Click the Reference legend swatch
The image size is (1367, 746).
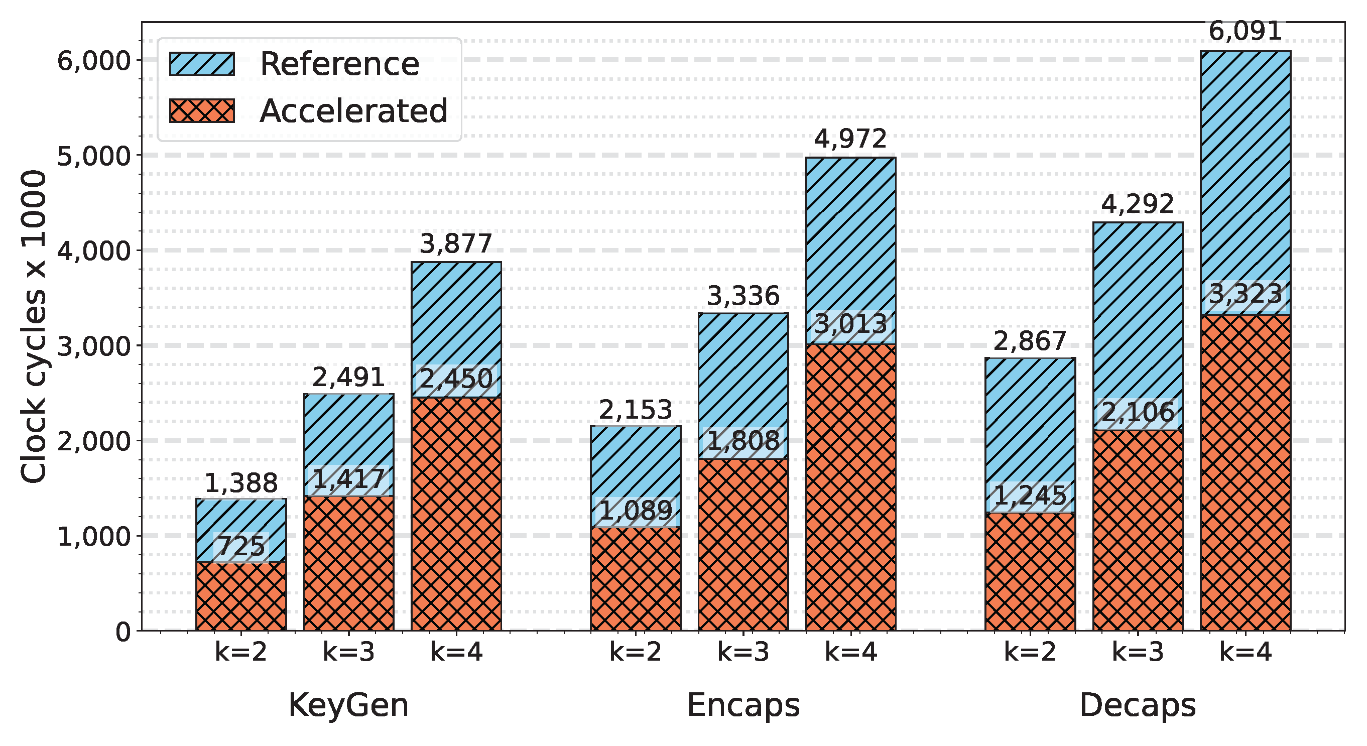202,64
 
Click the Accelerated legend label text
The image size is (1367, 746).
353,111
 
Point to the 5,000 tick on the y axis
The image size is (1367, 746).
93,156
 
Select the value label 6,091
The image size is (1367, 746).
1245,31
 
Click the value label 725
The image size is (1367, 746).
241,547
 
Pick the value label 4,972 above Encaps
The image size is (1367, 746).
850,139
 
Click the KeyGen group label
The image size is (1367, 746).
348,706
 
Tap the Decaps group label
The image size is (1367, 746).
1138,706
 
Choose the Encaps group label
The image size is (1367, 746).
743,706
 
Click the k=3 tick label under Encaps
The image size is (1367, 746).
743,652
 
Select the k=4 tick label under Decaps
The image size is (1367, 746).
1245,652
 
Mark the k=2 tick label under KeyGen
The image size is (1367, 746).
241,652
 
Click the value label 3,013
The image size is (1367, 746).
850,325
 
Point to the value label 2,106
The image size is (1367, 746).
1138,412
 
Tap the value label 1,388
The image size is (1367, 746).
241,483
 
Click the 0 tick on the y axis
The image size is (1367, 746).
123,632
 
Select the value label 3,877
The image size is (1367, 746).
456,244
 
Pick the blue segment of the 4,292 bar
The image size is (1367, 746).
1138,308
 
